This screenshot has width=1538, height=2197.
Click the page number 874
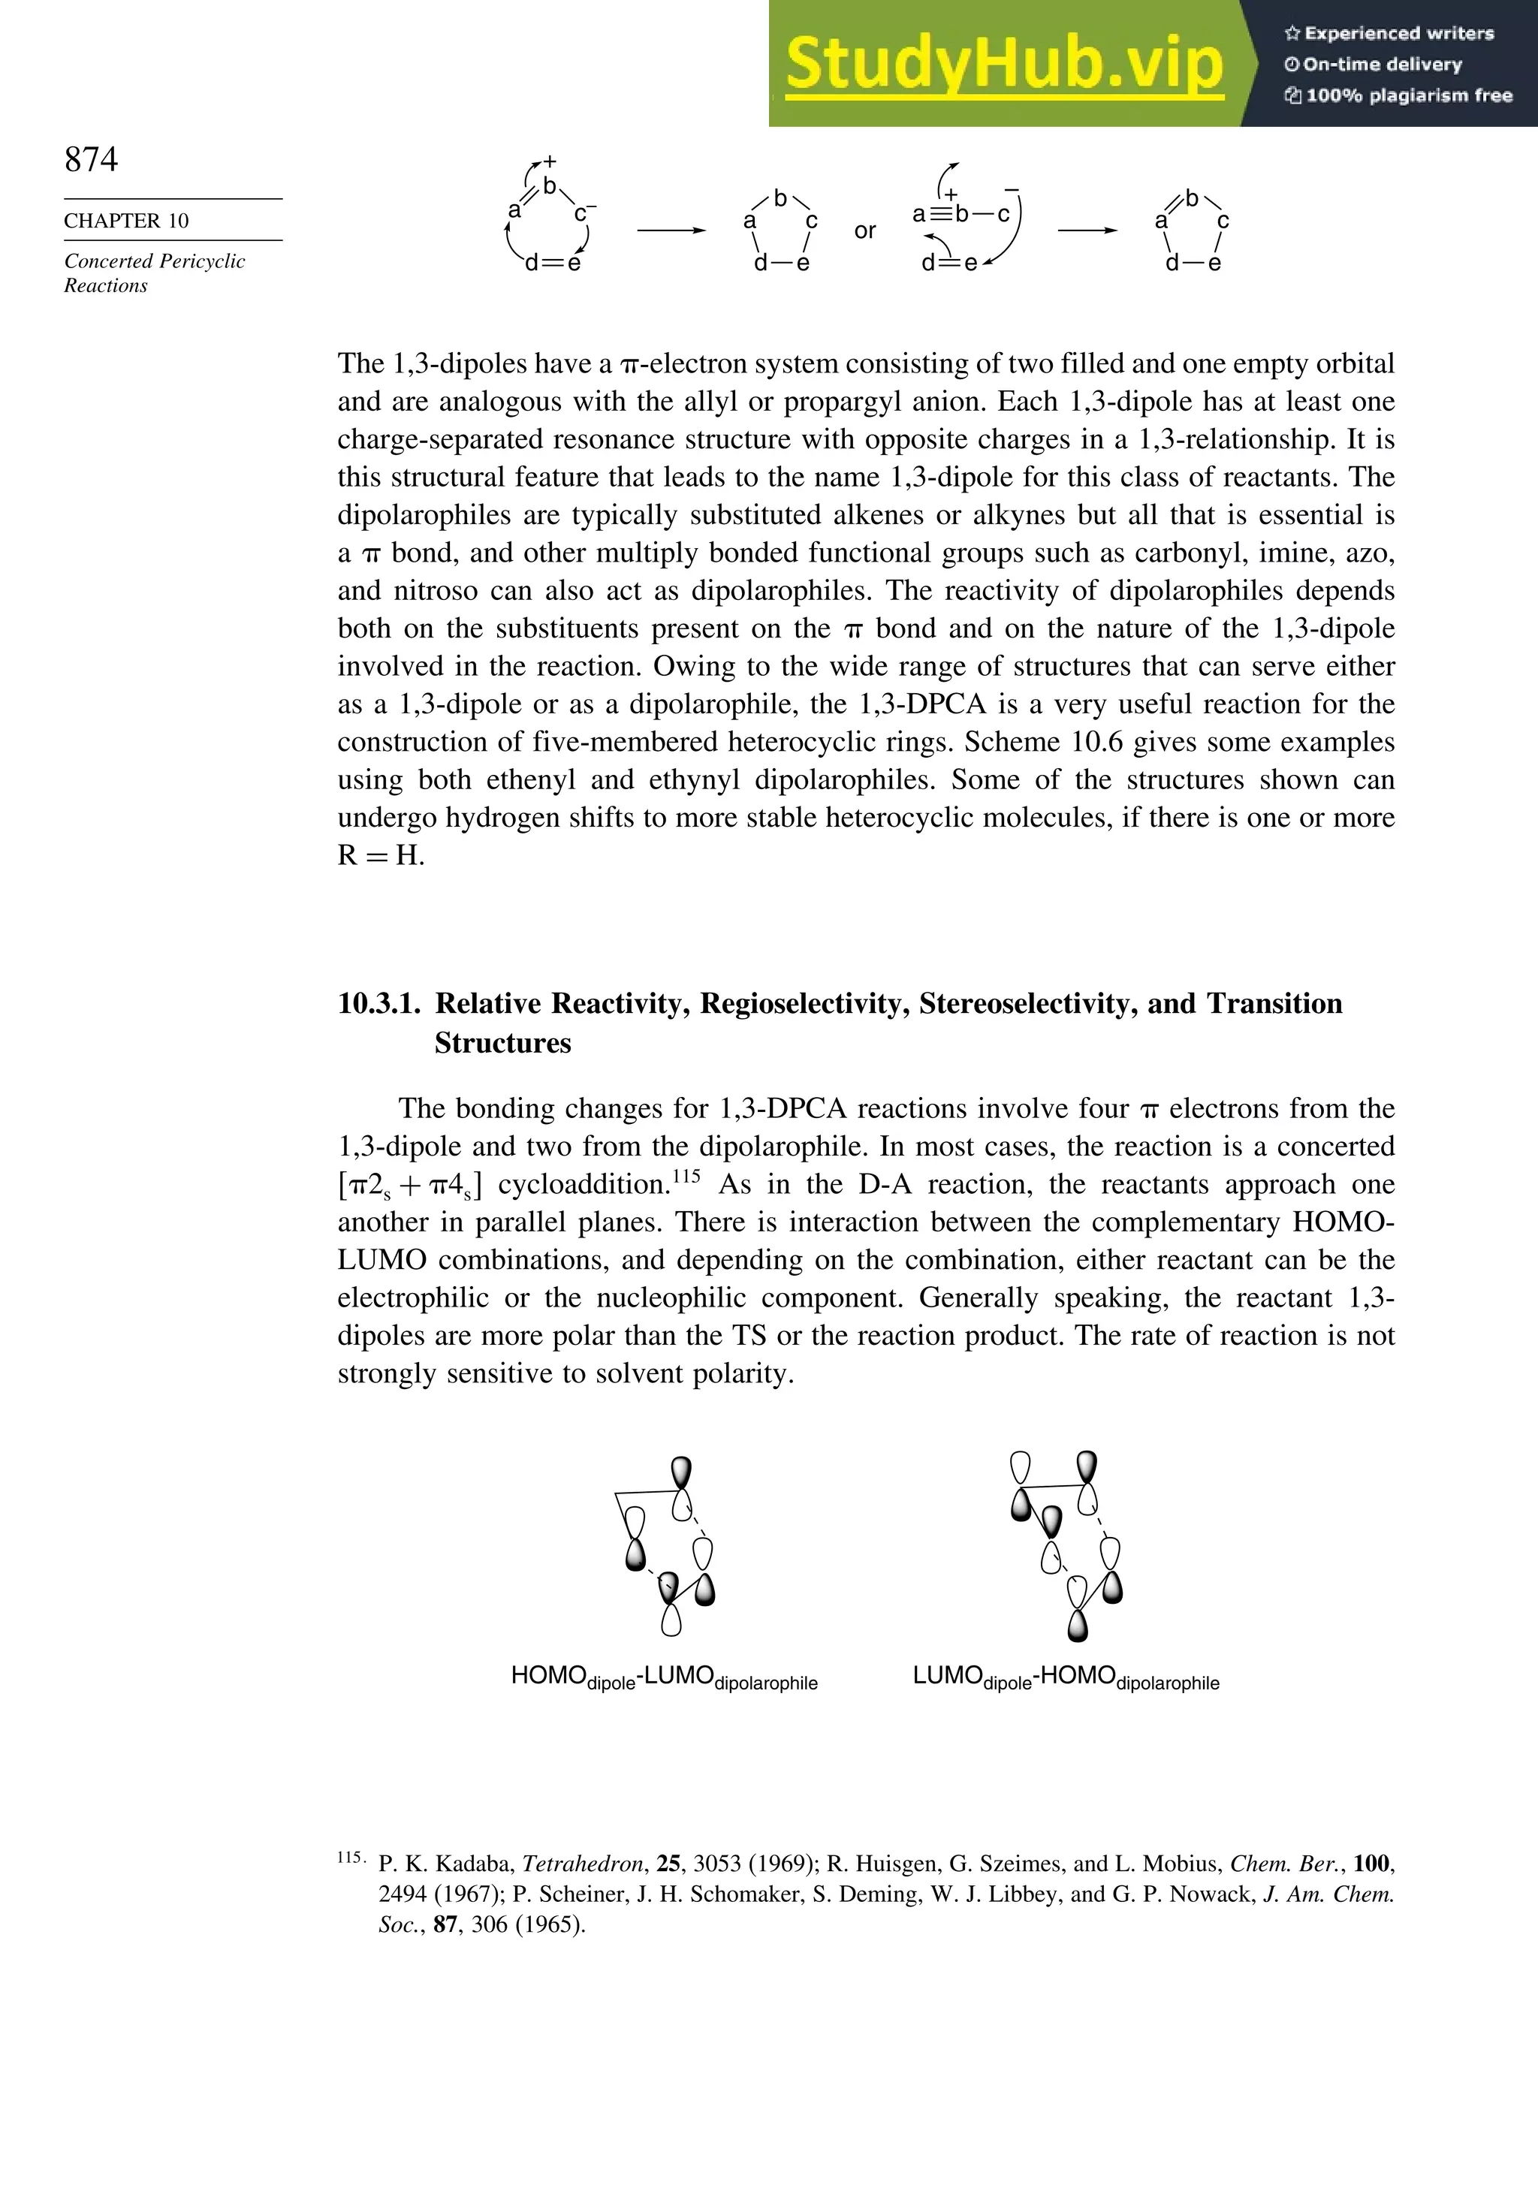point(91,159)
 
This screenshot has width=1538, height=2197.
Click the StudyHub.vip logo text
point(1004,64)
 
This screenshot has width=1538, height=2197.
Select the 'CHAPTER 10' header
point(126,221)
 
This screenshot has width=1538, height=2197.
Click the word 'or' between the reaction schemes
point(864,231)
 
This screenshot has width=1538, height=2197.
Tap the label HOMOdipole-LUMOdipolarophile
point(664,1677)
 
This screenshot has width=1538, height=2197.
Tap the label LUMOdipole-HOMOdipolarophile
point(1065,1677)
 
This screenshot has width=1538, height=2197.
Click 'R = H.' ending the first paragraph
point(380,855)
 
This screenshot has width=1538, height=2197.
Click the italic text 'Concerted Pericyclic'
point(154,261)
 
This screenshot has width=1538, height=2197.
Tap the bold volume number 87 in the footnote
point(445,1924)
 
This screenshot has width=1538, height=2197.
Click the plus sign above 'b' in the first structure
point(550,161)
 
